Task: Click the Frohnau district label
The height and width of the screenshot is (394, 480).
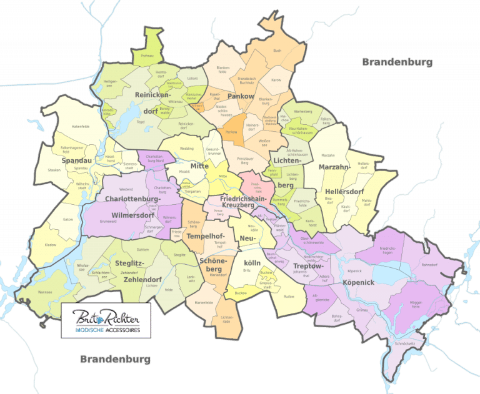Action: click(147, 56)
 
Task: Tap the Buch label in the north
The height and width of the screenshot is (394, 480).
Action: click(278, 50)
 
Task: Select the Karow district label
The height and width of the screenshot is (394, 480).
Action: click(277, 81)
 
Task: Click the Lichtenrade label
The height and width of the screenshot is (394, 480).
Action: click(227, 320)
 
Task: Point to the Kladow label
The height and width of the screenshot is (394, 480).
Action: click(50, 245)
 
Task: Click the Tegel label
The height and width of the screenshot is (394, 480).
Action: click(141, 122)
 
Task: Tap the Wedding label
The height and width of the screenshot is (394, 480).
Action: click(186, 149)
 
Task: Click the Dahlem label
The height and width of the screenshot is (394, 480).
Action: click(142, 249)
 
